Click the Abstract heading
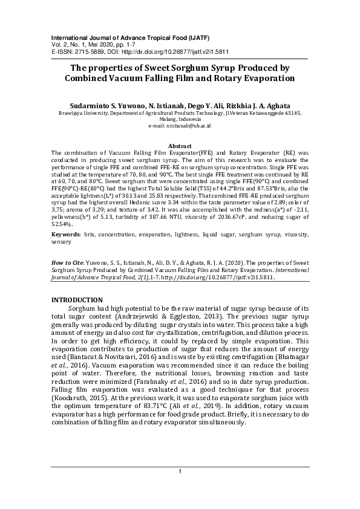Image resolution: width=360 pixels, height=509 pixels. click(x=180, y=146)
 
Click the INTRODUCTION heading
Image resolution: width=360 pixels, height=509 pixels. click(x=77, y=300)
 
